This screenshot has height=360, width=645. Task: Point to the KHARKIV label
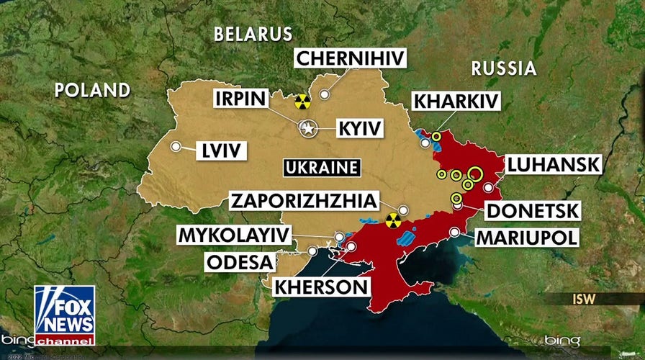click(456, 101)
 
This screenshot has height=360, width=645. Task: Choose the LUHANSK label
click(552, 164)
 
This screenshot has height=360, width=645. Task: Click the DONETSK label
click(532, 210)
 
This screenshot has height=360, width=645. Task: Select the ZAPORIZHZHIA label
click(302, 201)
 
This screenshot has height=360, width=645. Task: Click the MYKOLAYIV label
click(235, 235)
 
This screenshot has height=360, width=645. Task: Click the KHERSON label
click(321, 286)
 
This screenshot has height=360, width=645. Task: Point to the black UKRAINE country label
click(321, 168)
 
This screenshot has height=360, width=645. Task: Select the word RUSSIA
click(504, 68)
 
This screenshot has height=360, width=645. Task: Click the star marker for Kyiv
click(308, 129)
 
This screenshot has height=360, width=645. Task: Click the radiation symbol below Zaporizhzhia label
click(392, 220)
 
